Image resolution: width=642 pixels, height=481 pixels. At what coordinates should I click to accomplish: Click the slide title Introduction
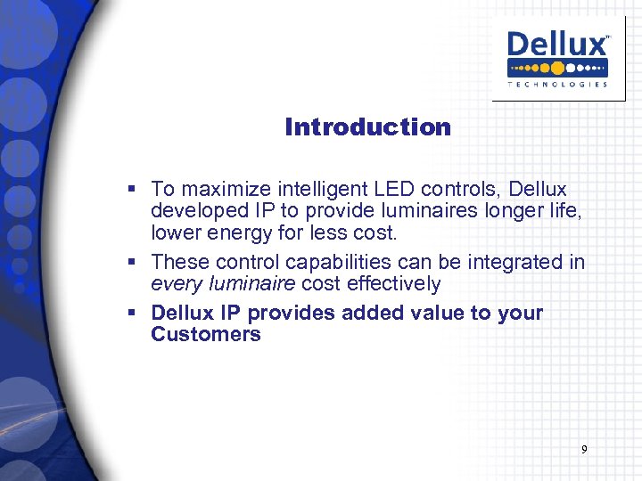367,127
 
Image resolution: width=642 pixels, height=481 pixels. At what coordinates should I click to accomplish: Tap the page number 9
584,450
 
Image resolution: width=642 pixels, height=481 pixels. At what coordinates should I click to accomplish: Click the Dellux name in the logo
558,45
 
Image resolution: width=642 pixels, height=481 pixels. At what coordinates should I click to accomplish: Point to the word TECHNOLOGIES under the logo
558,85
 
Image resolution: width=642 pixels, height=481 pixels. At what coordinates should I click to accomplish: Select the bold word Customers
206,335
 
